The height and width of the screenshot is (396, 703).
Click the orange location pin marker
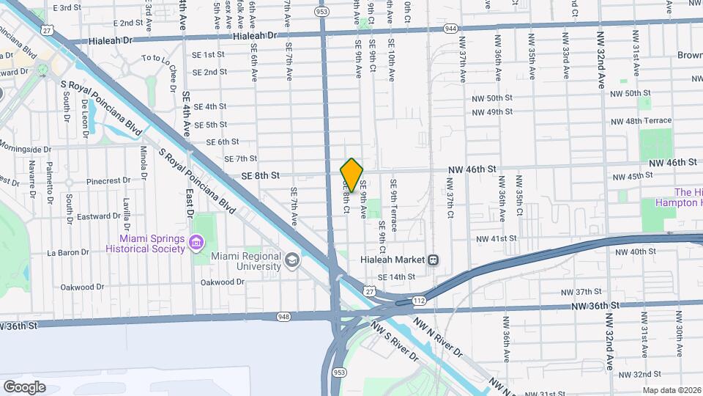pos(351,175)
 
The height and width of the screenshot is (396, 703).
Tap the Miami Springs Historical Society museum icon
pos(196,242)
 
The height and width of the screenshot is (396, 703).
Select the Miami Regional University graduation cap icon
pos(291,260)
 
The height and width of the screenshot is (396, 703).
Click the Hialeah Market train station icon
pos(434,260)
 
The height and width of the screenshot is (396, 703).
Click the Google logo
pos(24,386)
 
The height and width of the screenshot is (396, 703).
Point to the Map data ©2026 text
pos(672,390)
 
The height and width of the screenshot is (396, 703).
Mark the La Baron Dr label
pos(67,252)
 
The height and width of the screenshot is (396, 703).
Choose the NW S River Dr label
pos(394,342)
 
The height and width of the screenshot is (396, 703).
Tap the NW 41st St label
pos(496,239)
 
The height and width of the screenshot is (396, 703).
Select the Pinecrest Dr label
pos(107,180)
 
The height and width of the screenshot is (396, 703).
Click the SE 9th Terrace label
pos(394,205)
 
